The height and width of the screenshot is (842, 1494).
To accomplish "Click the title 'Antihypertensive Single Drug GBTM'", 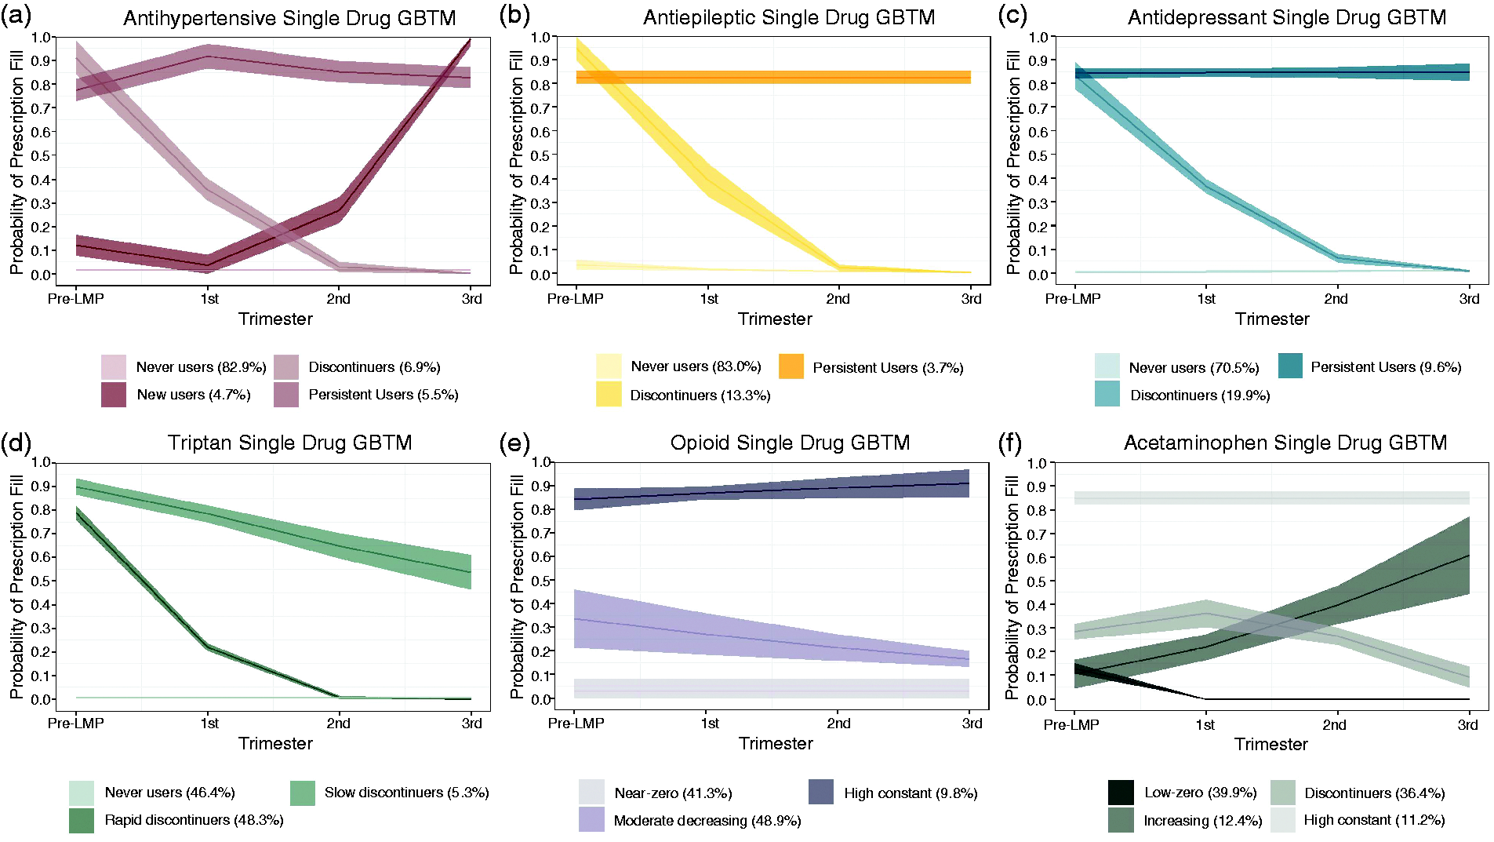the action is click(289, 18).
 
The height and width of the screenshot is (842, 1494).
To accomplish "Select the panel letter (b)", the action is click(514, 16).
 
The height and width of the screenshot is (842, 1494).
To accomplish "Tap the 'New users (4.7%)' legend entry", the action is click(176, 395).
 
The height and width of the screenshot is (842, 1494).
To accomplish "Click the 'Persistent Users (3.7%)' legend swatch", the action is click(791, 367).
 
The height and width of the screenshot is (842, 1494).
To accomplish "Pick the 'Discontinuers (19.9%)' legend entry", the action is click(1183, 395).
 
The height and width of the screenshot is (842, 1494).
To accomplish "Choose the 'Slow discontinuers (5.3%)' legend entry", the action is click(390, 793).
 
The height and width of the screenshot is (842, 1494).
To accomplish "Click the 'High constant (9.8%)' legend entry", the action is click(893, 793).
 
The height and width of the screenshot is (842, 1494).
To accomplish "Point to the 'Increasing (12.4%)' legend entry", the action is click(1185, 821).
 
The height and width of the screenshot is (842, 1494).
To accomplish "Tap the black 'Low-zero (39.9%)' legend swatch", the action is click(1121, 793).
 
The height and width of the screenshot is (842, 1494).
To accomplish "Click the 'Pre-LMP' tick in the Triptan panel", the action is click(75, 724).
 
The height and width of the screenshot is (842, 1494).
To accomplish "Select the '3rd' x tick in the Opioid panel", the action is click(972, 724).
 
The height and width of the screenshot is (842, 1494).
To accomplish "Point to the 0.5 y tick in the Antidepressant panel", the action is click(1038, 155).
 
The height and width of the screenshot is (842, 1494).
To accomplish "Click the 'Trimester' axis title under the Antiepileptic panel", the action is click(775, 319).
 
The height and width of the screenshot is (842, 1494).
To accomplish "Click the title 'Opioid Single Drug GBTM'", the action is click(790, 443).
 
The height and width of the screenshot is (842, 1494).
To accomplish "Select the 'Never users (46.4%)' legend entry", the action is click(152, 793).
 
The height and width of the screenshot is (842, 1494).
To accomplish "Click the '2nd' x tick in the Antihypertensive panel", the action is click(338, 299).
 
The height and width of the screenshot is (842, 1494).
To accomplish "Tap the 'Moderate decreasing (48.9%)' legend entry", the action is click(690, 821).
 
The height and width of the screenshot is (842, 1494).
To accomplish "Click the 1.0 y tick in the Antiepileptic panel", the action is click(540, 37).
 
